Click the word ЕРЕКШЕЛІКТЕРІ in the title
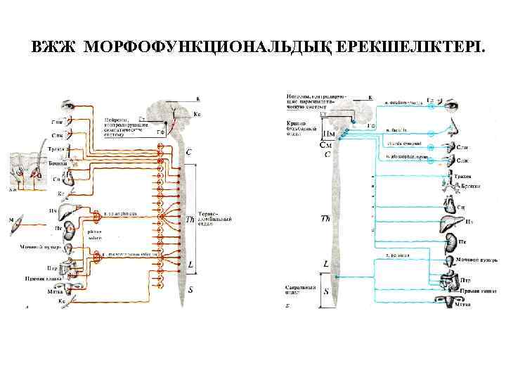coord(410,49)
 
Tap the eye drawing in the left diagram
coord(69,106)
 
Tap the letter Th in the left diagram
coord(190,220)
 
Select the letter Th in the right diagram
coord(325,219)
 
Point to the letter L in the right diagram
coord(325,265)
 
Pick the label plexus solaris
coord(94,235)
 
